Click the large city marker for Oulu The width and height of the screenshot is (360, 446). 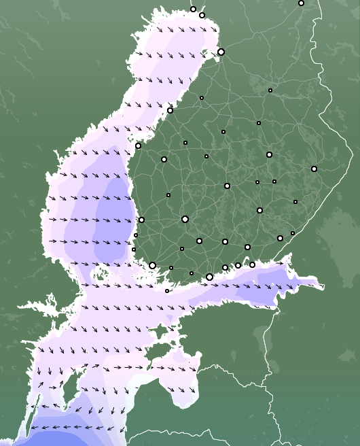pos(221,52)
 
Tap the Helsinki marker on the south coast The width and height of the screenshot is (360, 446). pos(209,277)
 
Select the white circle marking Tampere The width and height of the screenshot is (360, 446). pos(185,219)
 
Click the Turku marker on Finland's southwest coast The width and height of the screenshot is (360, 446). pos(152,265)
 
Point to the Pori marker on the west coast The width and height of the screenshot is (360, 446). pos(141,220)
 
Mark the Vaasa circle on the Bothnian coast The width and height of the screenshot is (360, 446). pos(138,145)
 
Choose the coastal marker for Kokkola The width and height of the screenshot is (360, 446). pos(170,110)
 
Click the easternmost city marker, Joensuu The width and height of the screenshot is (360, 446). pos(314,169)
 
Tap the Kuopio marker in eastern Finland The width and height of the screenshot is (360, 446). pos(269,154)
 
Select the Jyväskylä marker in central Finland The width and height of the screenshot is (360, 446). pos(227,186)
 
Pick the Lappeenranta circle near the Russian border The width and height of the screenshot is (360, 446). pos(280,238)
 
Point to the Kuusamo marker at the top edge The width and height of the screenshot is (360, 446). pos(301,3)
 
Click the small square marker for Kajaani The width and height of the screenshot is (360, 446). pos(270,90)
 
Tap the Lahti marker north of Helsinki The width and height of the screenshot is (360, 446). pos(225,241)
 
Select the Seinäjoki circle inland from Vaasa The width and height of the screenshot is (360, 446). pos(164,159)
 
